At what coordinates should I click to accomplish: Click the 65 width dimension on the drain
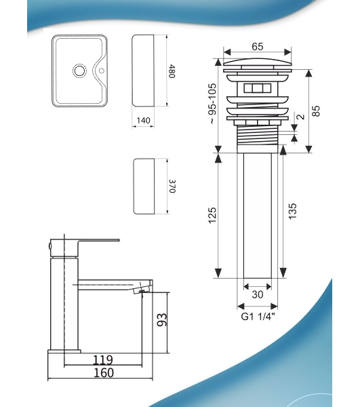click(258, 47)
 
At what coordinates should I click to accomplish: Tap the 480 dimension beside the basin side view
click(172, 71)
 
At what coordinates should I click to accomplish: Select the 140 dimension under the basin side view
click(143, 121)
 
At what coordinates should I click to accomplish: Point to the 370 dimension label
click(173, 186)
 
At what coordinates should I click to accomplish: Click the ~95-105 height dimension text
click(212, 103)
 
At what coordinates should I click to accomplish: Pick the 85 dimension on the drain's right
click(316, 111)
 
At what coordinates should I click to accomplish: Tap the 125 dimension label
click(212, 215)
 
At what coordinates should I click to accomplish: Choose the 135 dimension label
click(292, 211)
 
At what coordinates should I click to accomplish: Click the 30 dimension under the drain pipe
click(258, 294)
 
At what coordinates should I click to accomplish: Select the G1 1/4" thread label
click(258, 317)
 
